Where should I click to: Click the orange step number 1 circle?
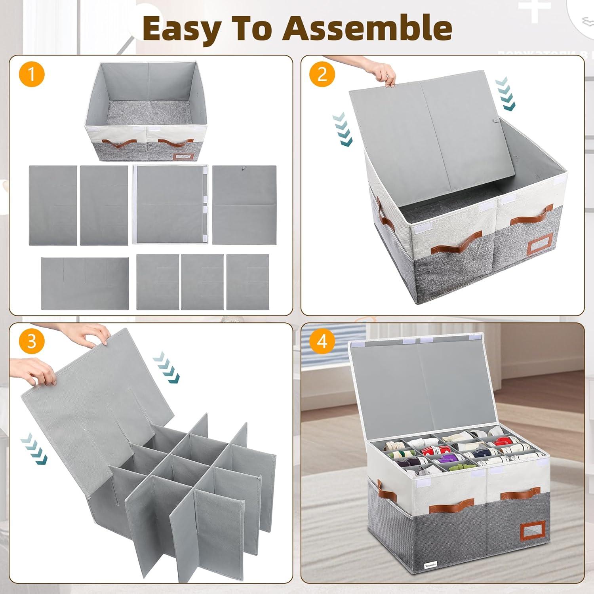32,74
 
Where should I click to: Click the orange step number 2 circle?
322,74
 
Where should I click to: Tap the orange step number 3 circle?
32,341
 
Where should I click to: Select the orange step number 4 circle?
322,341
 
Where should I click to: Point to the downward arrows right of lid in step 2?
505,94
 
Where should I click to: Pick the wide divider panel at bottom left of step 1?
85,283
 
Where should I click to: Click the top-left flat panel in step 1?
53,205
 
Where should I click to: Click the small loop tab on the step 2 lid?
495,121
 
